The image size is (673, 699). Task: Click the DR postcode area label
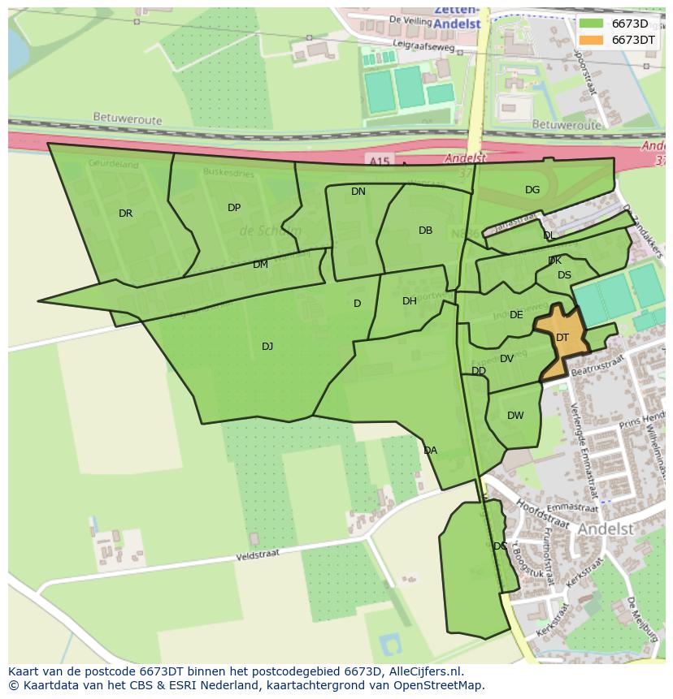coord(125,214)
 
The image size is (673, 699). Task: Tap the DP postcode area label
coord(234,208)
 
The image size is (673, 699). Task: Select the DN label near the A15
coord(358,192)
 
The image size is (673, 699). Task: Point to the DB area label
coord(425,231)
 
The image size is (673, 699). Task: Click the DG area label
coord(532,190)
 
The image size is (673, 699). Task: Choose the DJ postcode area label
coord(267,347)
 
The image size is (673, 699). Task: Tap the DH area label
coord(410,301)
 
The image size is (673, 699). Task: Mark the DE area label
coord(516,315)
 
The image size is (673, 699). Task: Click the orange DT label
coord(562,338)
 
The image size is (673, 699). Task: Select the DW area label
coord(515,416)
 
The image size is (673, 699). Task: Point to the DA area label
coord(430,451)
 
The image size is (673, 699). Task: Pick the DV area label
coord(506,359)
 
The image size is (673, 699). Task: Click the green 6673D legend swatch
coord(592,24)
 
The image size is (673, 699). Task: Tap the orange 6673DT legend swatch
coord(592,39)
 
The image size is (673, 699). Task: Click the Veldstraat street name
coord(258,556)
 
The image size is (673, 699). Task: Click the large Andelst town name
coord(606,529)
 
